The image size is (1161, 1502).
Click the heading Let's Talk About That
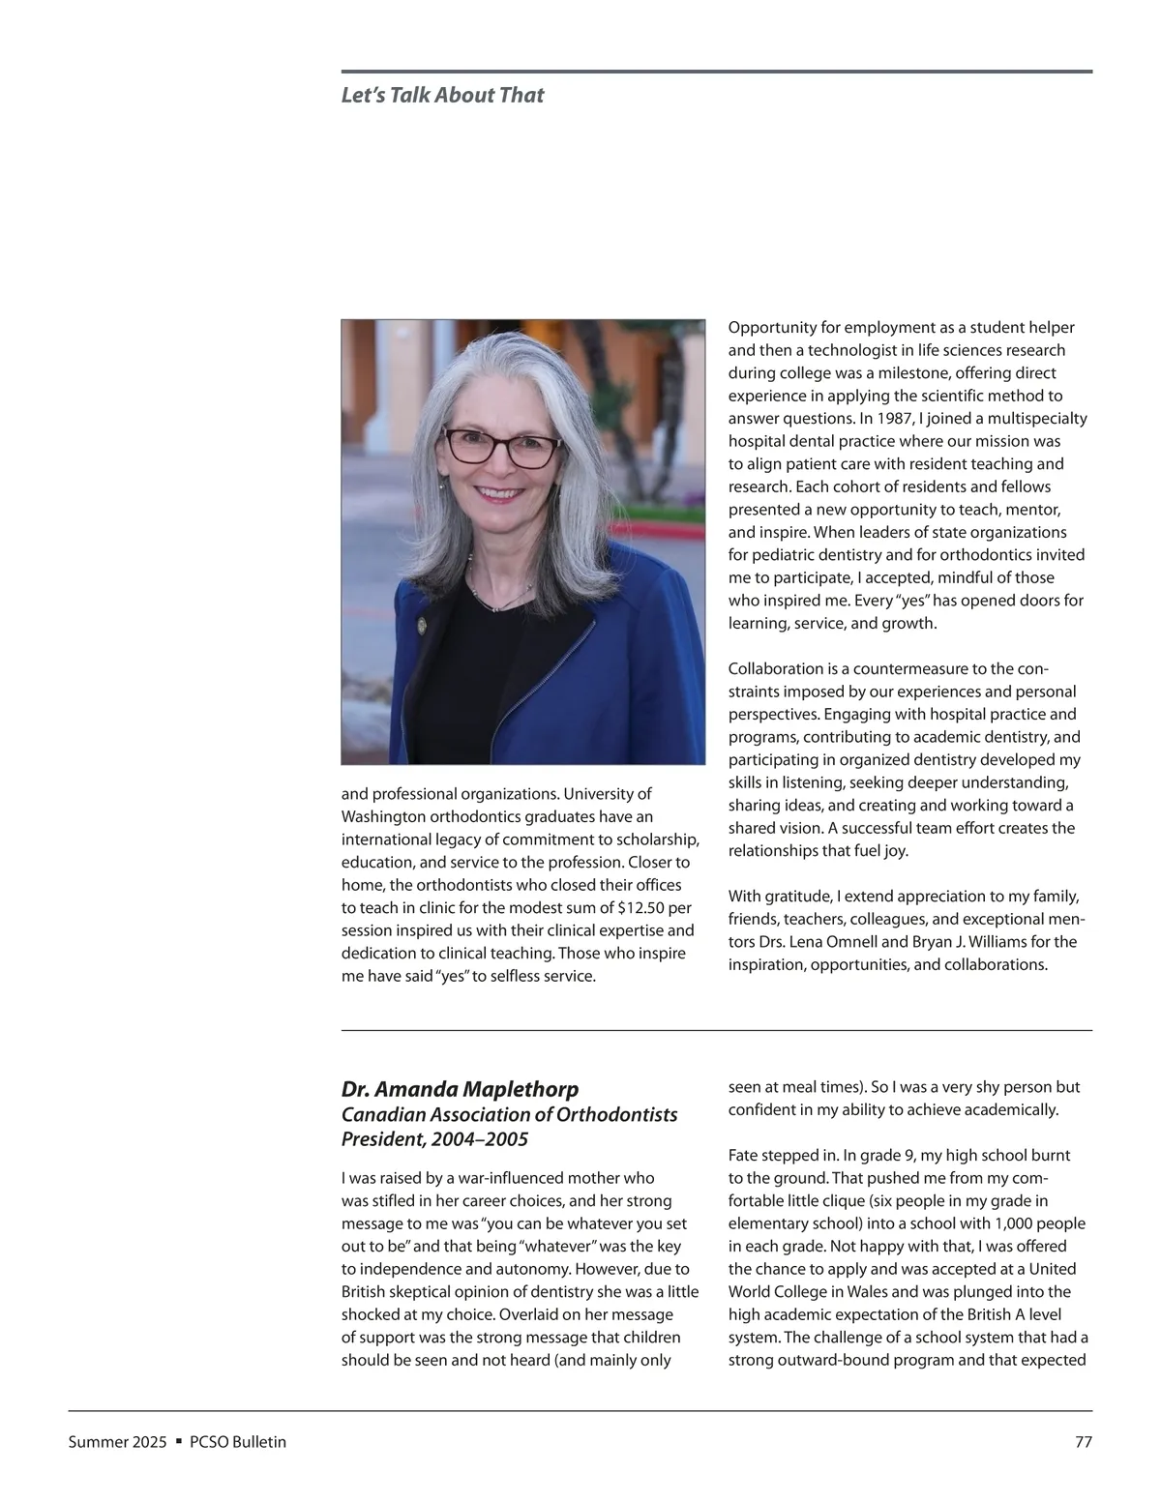[x=442, y=95]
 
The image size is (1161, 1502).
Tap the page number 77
[x=1084, y=1442]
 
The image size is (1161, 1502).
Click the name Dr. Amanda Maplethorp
[x=460, y=1089]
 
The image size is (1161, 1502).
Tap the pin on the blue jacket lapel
[x=422, y=626]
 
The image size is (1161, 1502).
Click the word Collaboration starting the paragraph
[x=775, y=669]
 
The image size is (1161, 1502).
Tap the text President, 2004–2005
[x=434, y=1139]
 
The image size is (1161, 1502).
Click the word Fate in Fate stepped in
[x=745, y=1155]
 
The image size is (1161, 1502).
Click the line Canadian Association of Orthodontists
[x=509, y=1114]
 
